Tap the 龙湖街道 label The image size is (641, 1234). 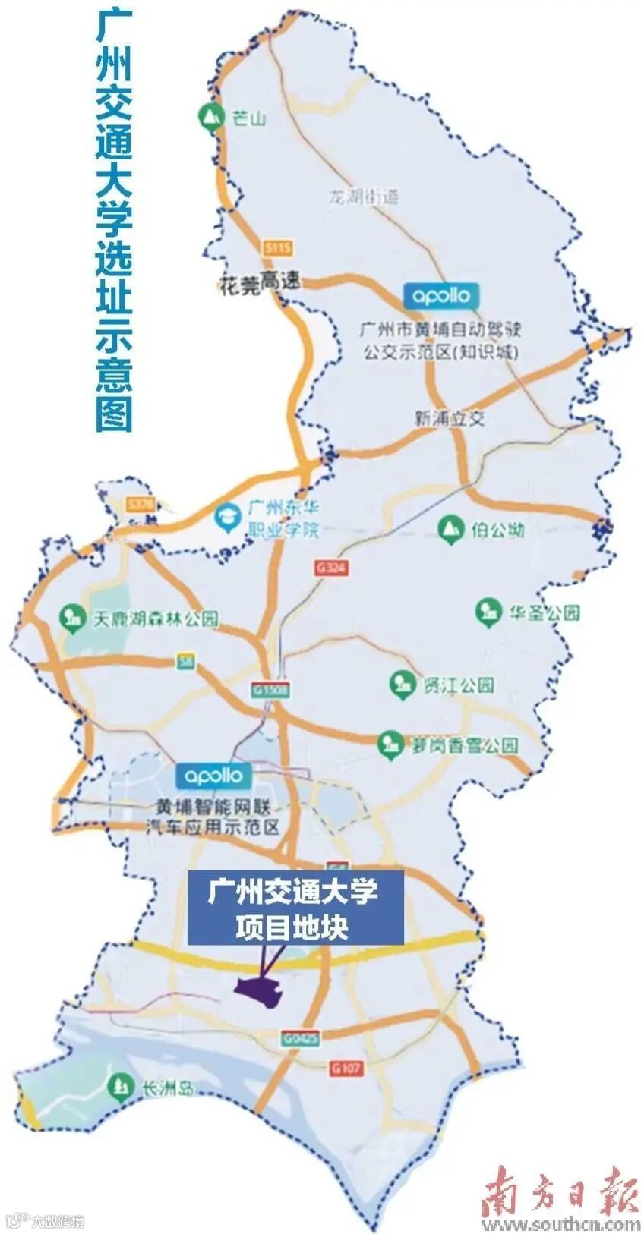pyautogui.click(x=363, y=197)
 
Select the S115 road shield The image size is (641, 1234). pyautogui.click(x=278, y=247)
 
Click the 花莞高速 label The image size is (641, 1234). pyautogui.click(x=259, y=282)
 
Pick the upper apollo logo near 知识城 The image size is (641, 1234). pyautogui.click(x=440, y=295)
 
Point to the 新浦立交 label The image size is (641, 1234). pyautogui.click(x=450, y=418)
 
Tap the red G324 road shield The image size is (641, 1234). pyautogui.click(x=331, y=567)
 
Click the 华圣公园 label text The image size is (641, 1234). pyautogui.click(x=545, y=612)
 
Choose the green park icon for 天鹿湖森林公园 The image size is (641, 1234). pyautogui.click(x=72, y=618)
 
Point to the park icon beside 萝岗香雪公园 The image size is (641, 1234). pyautogui.click(x=390, y=744)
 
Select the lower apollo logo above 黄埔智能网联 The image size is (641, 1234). pyautogui.click(x=213, y=776)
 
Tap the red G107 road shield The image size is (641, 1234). pyautogui.click(x=346, y=1068)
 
